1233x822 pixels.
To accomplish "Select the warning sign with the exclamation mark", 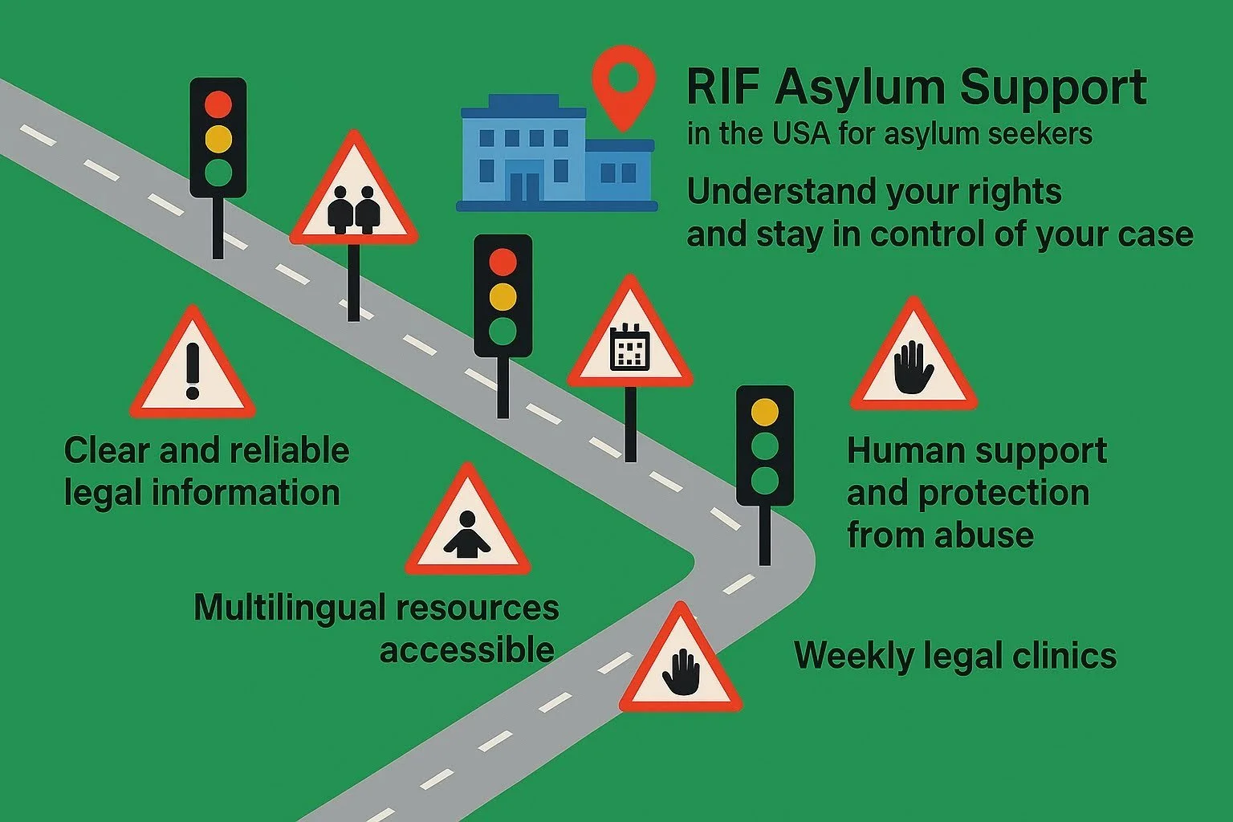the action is pyautogui.click(x=192, y=369).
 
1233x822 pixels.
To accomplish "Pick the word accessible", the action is pyautogui.click(x=467, y=649).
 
